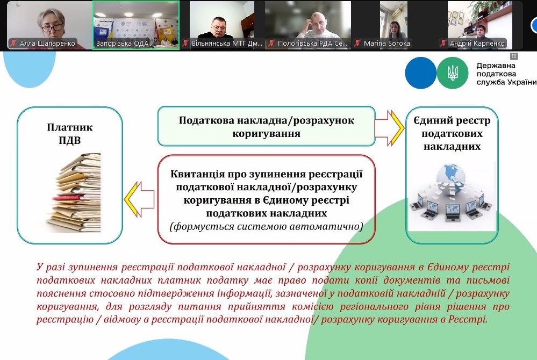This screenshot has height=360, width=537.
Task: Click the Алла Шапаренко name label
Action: pyautogui.click(x=47, y=44)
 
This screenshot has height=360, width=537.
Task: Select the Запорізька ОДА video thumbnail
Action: pyautogui.click(x=136, y=25)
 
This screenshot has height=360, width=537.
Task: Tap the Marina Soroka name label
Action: pyautogui.click(x=386, y=44)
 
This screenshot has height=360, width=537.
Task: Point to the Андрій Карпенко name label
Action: pyautogui.click(x=477, y=44)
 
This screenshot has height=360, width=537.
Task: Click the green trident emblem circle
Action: pyautogui.click(x=453, y=73)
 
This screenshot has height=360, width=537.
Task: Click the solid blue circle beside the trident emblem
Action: pyautogui.click(x=420, y=73)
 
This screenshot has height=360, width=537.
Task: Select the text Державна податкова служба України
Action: pyautogui.click(x=506, y=74)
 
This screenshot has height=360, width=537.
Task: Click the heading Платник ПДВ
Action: pyautogui.click(x=69, y=133)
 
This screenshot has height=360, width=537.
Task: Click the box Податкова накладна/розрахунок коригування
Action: pyautogui.click(x=267, y=126)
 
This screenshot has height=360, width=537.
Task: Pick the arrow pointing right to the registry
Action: pyautogui.click(x=390, y=128)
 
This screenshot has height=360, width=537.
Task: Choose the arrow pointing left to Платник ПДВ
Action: pyautogui.click(x=139, y=199)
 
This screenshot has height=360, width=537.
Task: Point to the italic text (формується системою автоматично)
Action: pyautogui.click(x=267, y=227)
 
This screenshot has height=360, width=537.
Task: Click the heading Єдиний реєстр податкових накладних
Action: pyautogui.click(x=452, y=133)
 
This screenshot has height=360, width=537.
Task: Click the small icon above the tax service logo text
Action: pyautogui.click(x=514, y=56)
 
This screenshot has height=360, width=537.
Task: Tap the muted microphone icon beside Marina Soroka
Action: pyautogui.click(x=357, y=44)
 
